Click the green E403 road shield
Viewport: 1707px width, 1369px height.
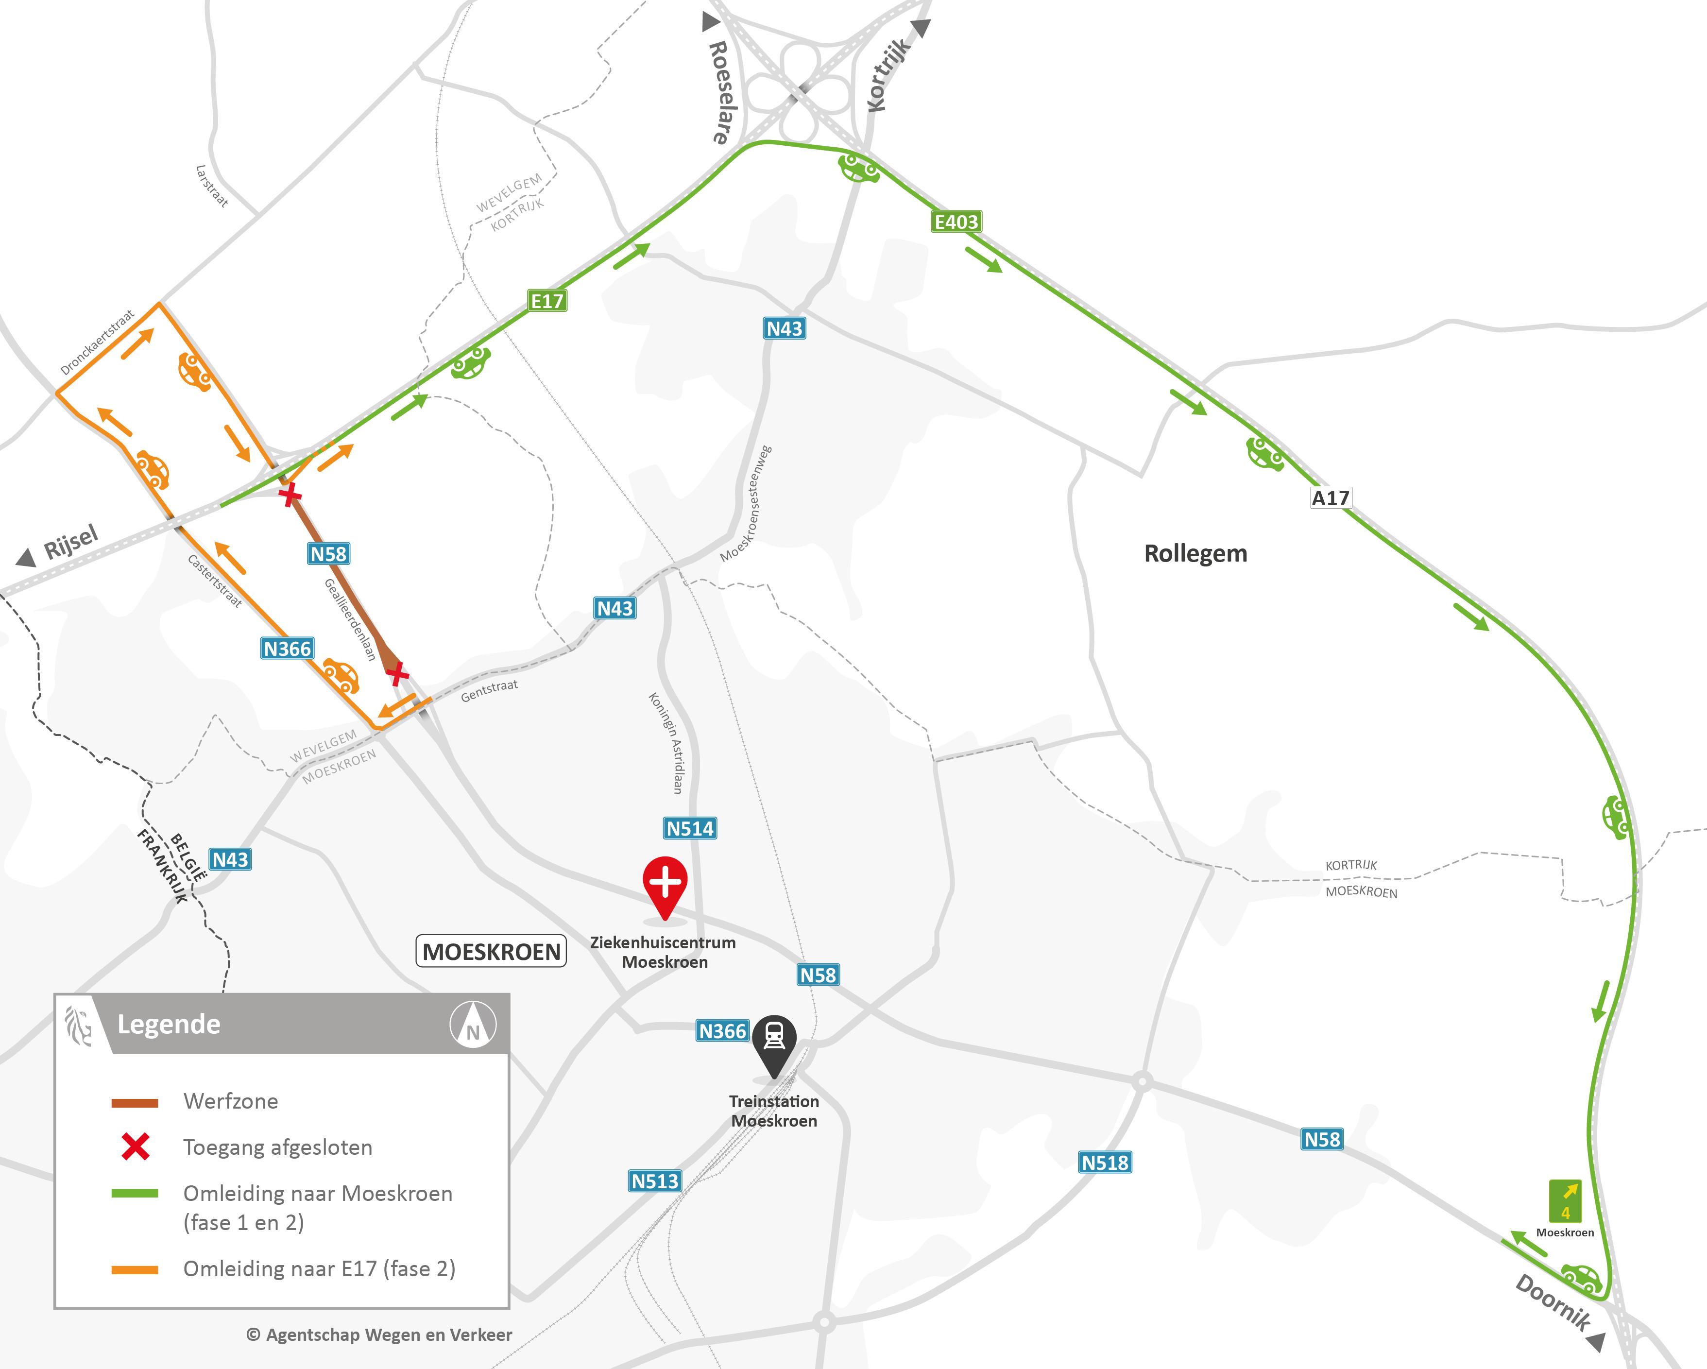pyautogui.click(x=956, y=222)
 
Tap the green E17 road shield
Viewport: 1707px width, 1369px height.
pyautogui.click(x=547, y=301)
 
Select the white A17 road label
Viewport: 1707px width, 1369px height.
pyautogui.click(x=1330, y=498)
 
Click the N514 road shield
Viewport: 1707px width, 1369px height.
pyautogui.click(x=690, y=828)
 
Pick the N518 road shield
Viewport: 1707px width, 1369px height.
pyautogui.click(x=1105, y=1163)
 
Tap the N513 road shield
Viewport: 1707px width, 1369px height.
pyautogui.click(x=655, y=1181)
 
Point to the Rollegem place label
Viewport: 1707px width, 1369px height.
pyautogui.click(x=1195, y=553)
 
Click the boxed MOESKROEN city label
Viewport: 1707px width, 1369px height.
pyautogui.click(x=492, y=951)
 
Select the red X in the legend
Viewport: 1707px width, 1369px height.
pyautogui.click(x=136, y=1147)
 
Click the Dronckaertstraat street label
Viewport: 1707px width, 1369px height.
pyautogui.click(x=97, y=342)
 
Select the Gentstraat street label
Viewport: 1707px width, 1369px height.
pyautogui.click(x=489, y=690)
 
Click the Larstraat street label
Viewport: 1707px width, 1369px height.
pyautogui.click(x=211, y=186)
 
